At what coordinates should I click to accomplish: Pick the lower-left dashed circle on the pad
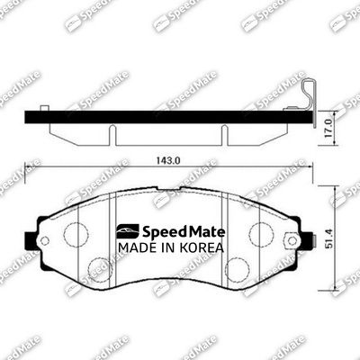pyautogui.click(x=99, y=268)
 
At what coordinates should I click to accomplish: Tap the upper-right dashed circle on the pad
pyautogui.click(x=261, y=234)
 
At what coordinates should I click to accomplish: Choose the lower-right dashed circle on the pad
pyautogui.click(x=238, y=268)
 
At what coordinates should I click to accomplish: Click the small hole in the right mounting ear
pyautogui.click(x=291, y=240)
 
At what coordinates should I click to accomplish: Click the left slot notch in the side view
pyautogui.click(x=112, y=132)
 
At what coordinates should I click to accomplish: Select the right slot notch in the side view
pyautogui.click(x=223, y=132)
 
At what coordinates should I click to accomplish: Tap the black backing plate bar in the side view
pyautogui.click(x=162, y=115)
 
